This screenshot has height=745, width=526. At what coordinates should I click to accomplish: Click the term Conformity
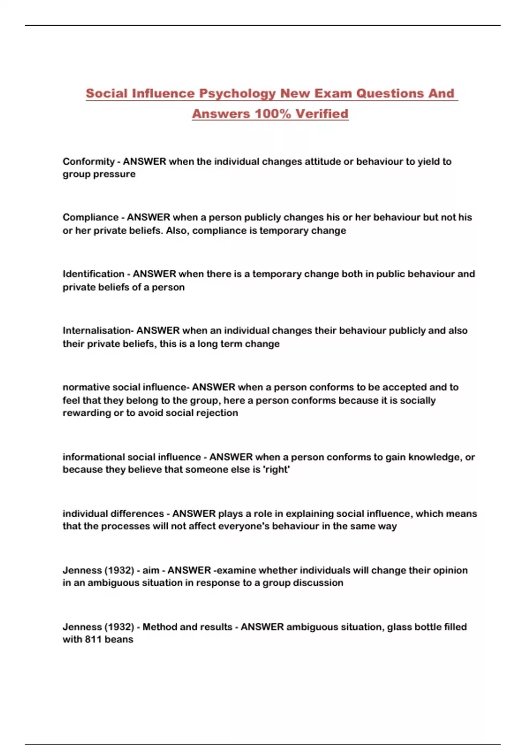[89, 162]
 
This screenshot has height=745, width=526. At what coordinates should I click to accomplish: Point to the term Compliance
[90, 217]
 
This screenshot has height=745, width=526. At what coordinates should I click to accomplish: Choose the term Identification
[93, 274]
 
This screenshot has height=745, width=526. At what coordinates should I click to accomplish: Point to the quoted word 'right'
[276, 470]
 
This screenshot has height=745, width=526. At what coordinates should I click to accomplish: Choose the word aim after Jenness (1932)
[151, 570]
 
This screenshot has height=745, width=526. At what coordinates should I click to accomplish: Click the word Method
[160, 627]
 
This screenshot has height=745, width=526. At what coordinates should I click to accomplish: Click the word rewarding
[87, 413]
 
